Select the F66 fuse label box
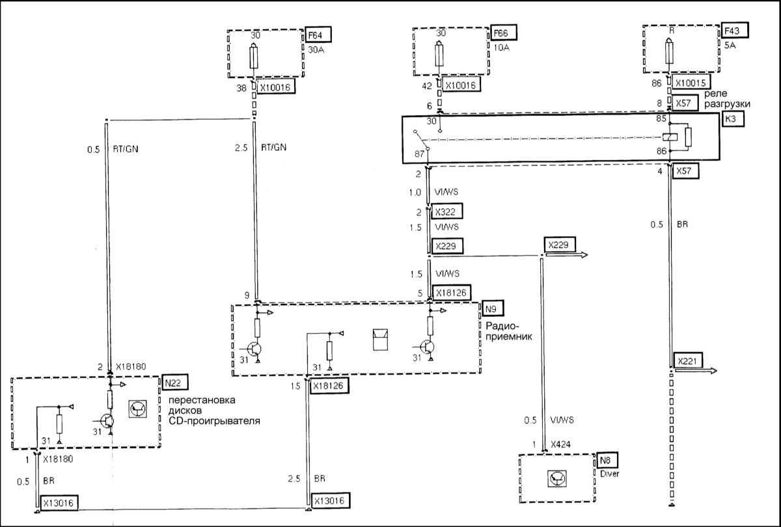502,33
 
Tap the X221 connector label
687,361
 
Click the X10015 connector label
692,83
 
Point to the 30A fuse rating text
317,47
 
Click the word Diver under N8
610,474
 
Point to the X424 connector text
560,444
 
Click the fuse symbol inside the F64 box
255,59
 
